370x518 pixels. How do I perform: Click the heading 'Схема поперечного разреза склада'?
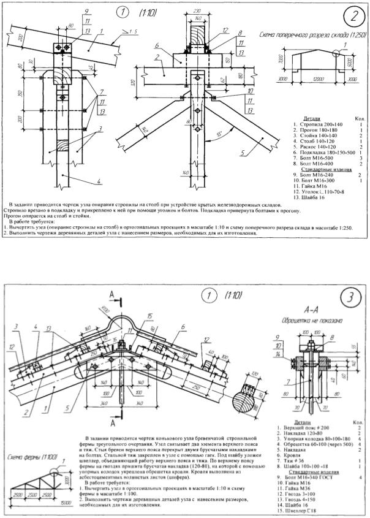coord(313,36)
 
